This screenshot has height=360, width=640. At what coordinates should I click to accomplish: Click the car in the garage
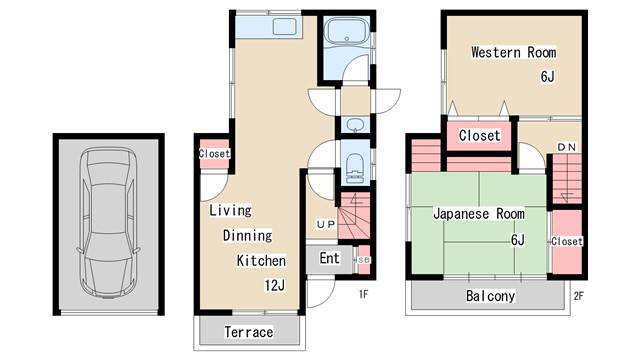pyautogui.click(x=108, y=223)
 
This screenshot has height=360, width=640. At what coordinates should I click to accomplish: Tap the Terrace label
pyautogui.click(x=249, y=332)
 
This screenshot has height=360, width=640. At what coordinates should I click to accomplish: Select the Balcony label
pyautogui.click(x=490, y=296)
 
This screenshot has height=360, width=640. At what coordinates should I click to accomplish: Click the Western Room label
pyautogui.click(x=513, y=52)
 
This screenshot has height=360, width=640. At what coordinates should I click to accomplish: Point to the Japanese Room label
pyautogui.click(x=479, y=213)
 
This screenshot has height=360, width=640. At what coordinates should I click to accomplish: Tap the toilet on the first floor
pyautogui.click(x=354, y=168)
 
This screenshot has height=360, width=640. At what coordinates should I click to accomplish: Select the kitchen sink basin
pyautogui.click(x=284, y=27)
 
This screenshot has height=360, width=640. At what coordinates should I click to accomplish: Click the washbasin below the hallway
pyautogui.click(x=355, y=124)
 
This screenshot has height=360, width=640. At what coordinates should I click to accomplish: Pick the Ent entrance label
pyautogui.click(x=329, y=258)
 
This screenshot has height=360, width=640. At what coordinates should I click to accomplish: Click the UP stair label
pyautogui.click(x=326, y=224)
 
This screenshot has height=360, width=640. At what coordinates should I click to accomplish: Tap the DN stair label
pyautogui.click(x=567, y=147)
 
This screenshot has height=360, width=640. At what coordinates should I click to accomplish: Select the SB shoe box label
pyautogui.click(x=364, y=260)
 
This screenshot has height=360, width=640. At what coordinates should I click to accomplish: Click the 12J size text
pyautogui.click(x=275, y=285)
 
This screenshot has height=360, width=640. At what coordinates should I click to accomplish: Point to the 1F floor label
pyautogui.click(x=364, y=294)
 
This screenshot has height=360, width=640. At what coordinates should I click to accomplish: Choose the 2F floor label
pyautogui.click(x=578, y=296)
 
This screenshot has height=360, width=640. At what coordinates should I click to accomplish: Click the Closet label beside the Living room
pyautogui.click(x=214, y=154)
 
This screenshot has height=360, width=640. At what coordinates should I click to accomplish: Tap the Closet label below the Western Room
pyautogui.click(x=480, y=136)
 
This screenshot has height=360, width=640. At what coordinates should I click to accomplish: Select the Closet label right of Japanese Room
pyautogui.click(x=567, y=241)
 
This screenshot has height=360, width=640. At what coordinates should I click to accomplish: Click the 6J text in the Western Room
pyautogui.click(x=548, y=76)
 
